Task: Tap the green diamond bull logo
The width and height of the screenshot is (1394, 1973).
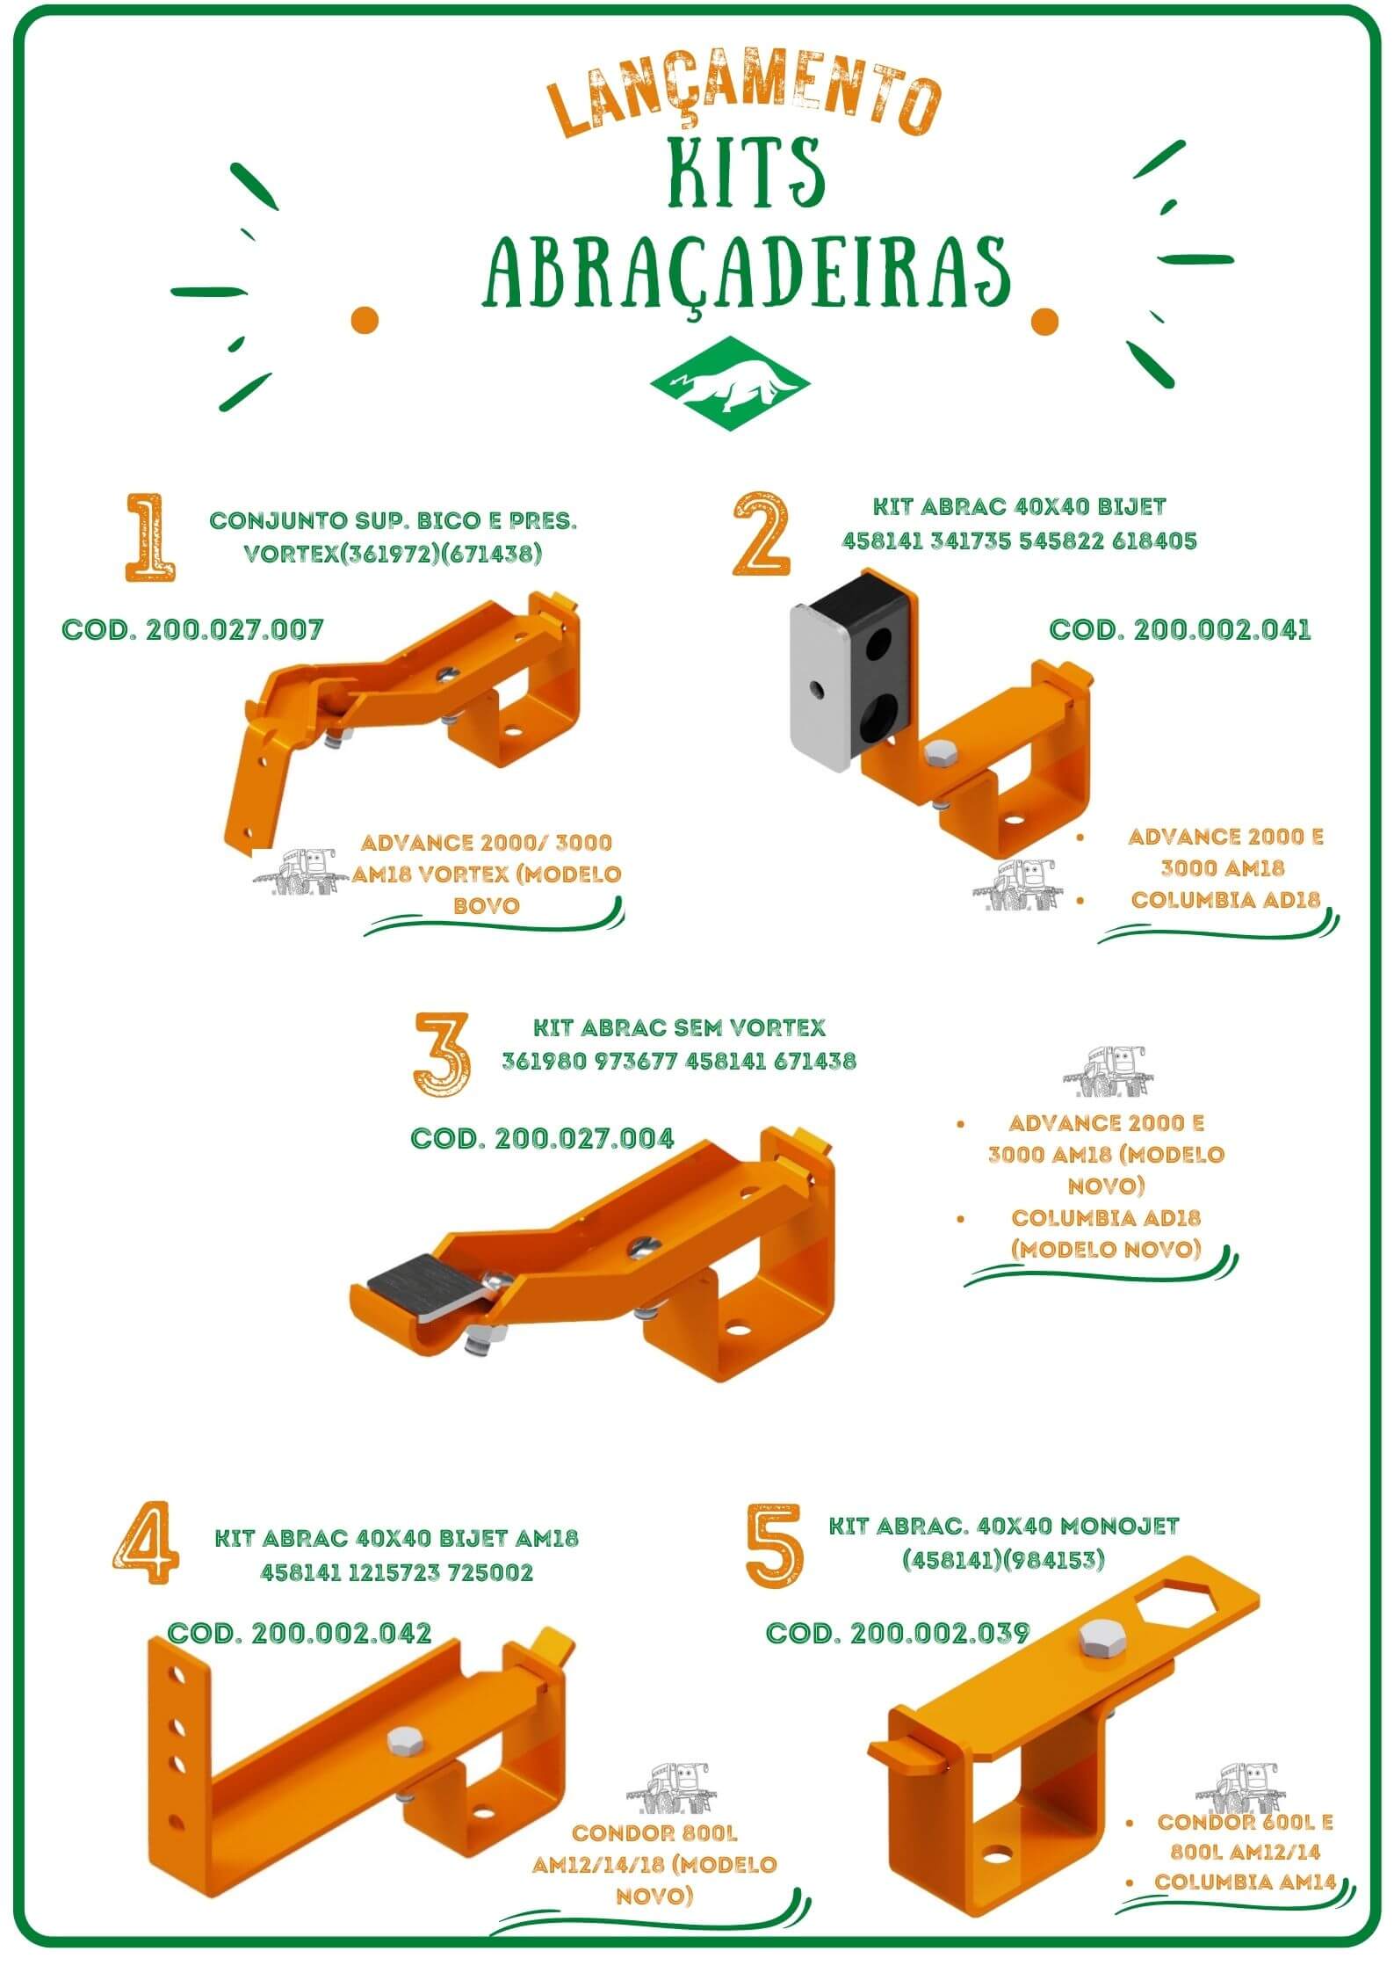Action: pyautogui.click(x=729, y=381)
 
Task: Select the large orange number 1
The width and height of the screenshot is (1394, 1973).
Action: pyautogui.click(x=150, y=537)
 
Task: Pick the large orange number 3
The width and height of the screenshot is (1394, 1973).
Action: pyautogui.click(x=442, y=1055)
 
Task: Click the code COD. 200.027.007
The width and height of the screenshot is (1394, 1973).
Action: pyautogui.click(x=192, y=630)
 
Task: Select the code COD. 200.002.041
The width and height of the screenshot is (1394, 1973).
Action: pyautogui.click(x=1180, y=629)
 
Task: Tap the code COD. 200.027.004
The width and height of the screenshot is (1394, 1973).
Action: pyautogui.click(x=542, y=1138)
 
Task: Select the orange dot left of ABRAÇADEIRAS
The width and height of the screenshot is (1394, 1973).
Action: pyautogui.click(x=364, y=319)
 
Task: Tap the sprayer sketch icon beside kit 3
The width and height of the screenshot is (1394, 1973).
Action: pyautogui.click(x=1106, y=1071)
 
